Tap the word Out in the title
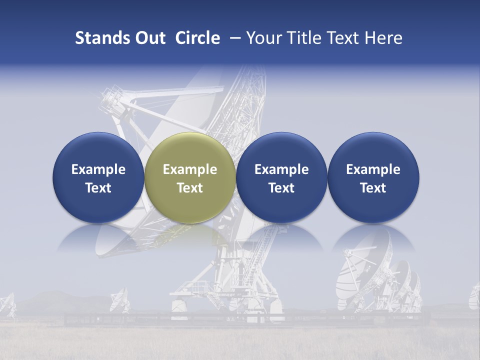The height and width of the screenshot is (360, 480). click(x=149, y=38)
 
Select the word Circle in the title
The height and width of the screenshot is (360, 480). click(x=197, y=38)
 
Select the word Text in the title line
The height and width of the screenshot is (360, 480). click(x=345, y=38)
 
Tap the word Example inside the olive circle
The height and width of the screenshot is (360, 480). click(x=190, y=169)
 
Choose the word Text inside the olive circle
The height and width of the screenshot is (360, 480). click(x=190, y=188)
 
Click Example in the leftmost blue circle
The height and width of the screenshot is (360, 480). click(x=98, y=169)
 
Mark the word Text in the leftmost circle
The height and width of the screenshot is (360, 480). click(x=98, y=188)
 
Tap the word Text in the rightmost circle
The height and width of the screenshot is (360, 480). click(x=373, y=188)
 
